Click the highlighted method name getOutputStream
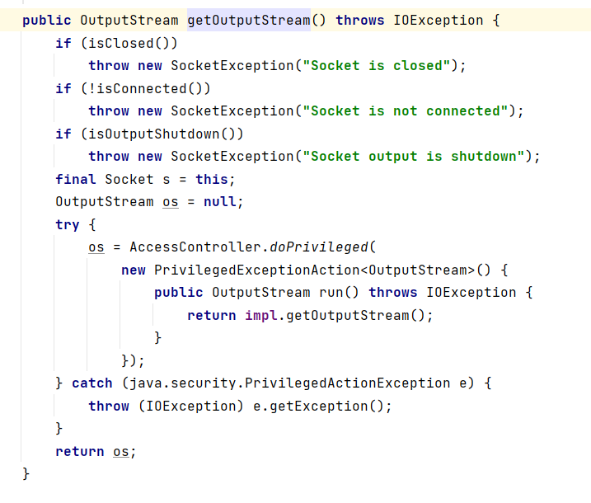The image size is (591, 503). [x=249, y=20]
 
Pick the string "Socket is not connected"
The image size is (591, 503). [x=405, y=110]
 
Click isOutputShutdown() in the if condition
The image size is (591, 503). [x=157, y=134]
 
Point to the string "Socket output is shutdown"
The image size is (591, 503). [x=413, y=156]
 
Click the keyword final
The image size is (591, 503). [x=76, y=179]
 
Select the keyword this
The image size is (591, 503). [x=211, y=179]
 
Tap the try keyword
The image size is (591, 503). [x=68, y=224]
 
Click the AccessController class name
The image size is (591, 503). [x=195, y=247]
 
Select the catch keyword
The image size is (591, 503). [x=92, y=383]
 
